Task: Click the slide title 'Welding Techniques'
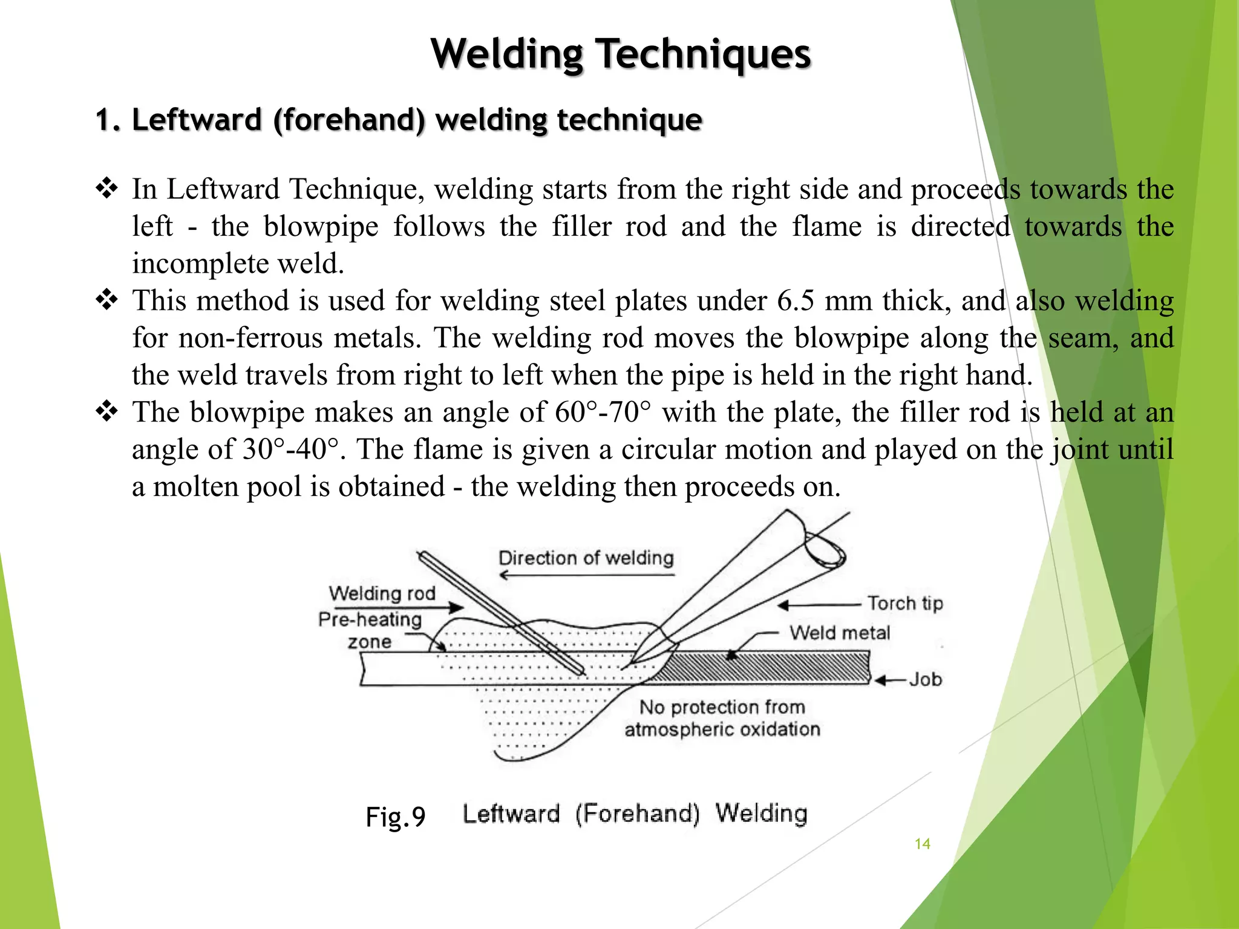[620, 54]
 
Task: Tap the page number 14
[922, 844]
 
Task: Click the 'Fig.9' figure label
[396, 817]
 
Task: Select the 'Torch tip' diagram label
[905, 604]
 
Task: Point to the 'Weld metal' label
[840, 633]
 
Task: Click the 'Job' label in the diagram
[926, 680]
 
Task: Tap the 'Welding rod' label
[382, 593]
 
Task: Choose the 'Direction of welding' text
[586, 558]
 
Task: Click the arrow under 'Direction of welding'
[586, 575]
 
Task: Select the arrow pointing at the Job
[889, 680]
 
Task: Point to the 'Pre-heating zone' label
[370, 630]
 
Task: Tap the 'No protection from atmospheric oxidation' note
[722, 718]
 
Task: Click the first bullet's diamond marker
[107, 189]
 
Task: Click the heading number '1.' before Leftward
[109, 120]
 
